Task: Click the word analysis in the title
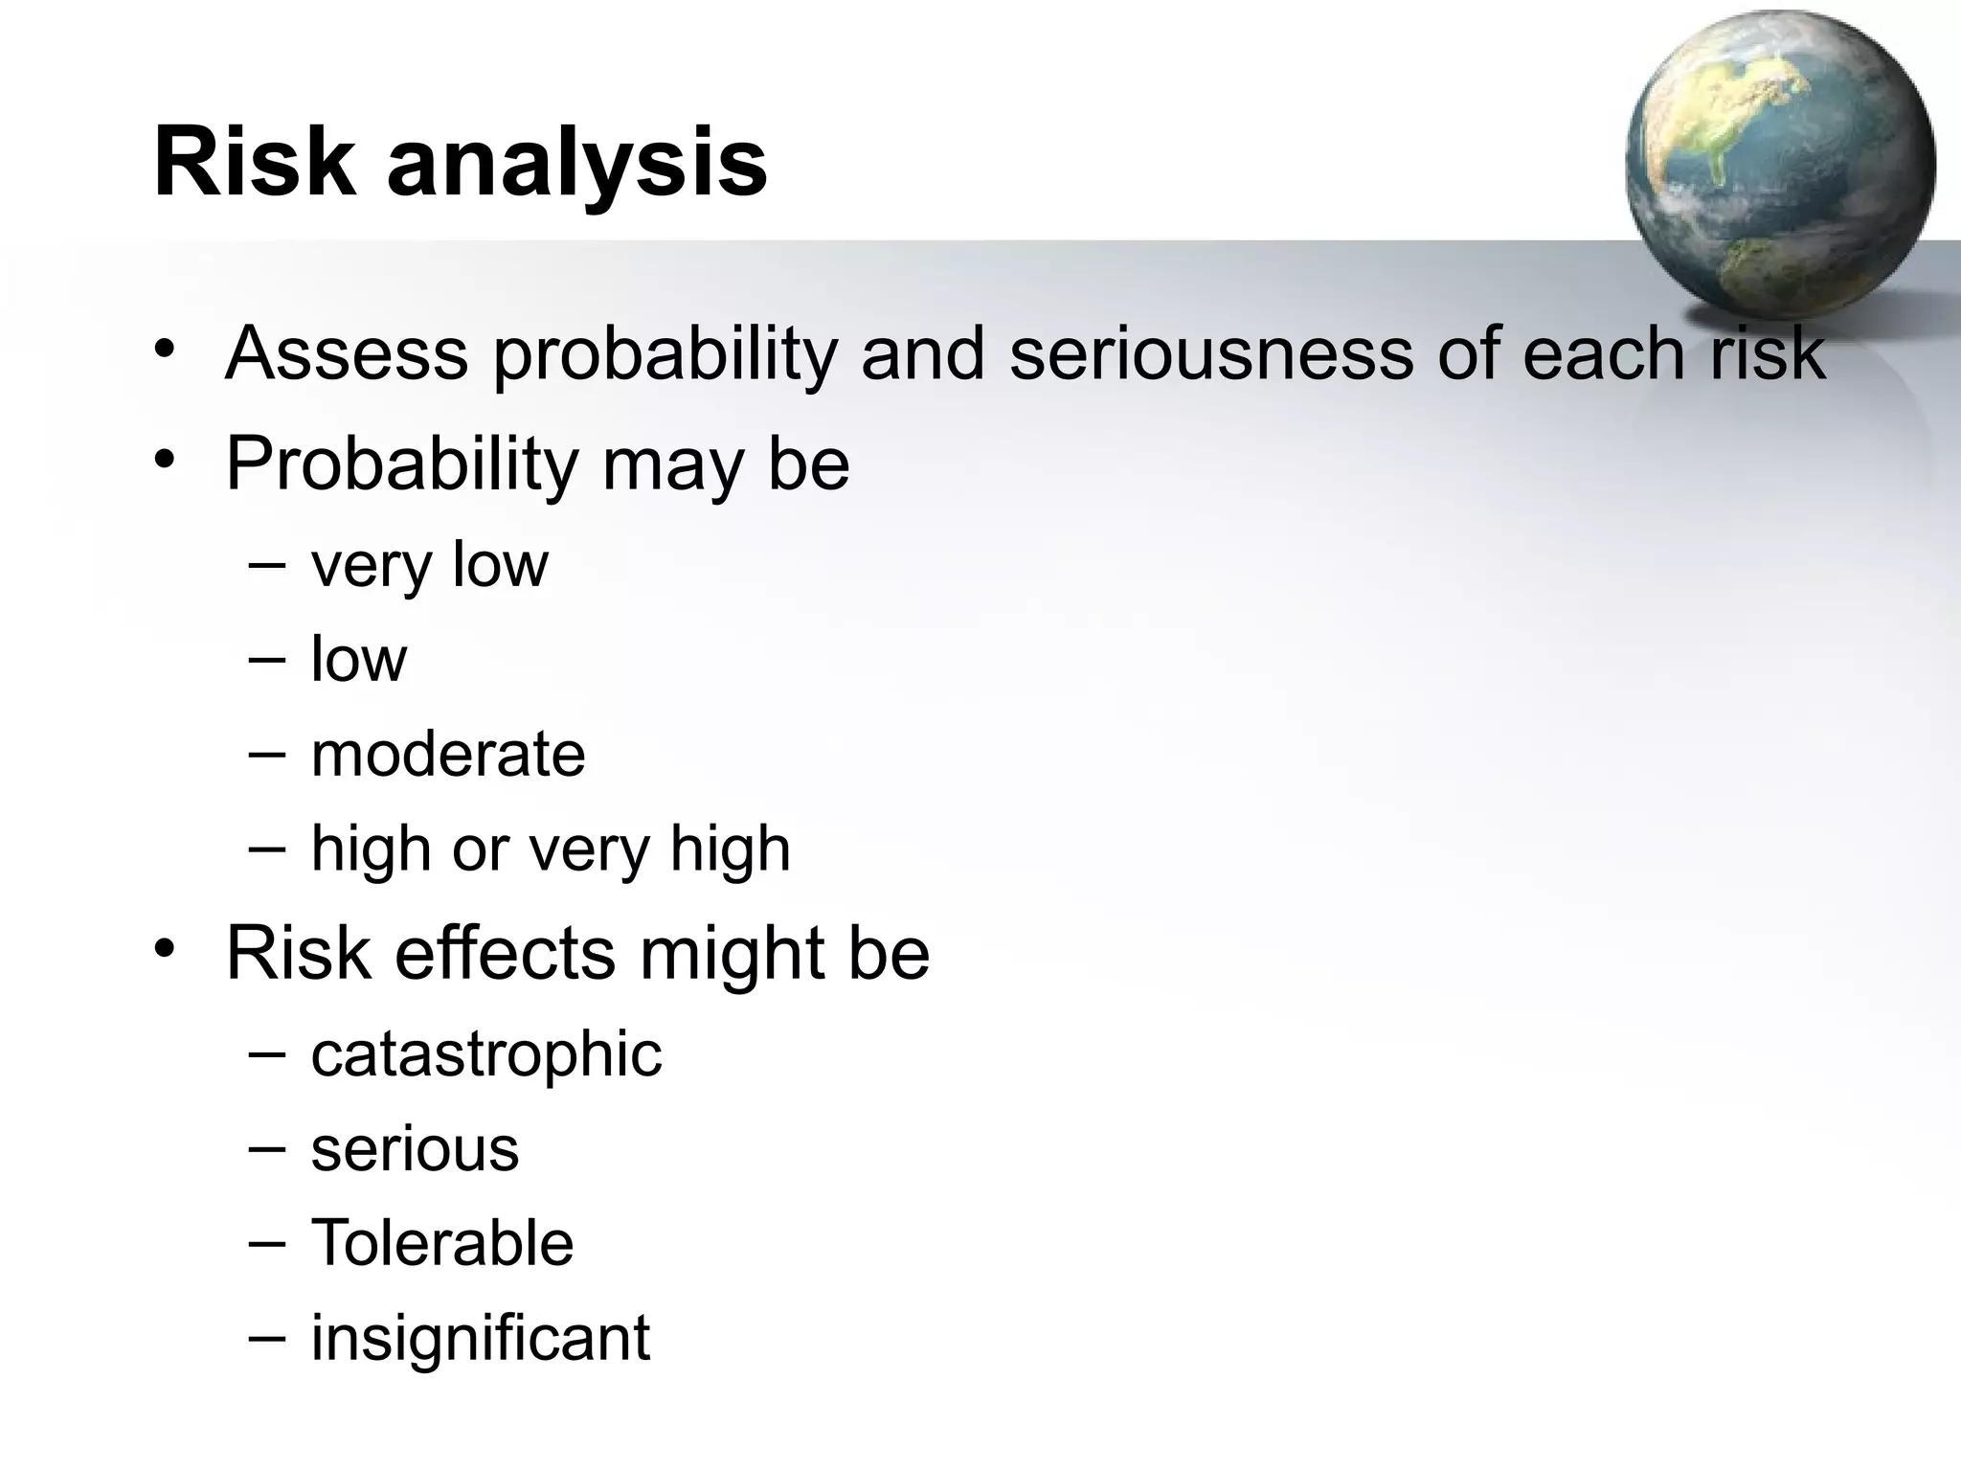(x=576, y=165)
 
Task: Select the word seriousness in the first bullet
(x=1210, y=354)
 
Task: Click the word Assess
(x=347, y=354)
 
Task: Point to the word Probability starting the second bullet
(x=402, y=465)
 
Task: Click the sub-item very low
(x=429, y=565)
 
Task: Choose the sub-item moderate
(x=447, y=755)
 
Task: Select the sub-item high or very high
(x=551, y=849)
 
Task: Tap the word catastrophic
(x=485, y=1054)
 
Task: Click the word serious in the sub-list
(x=415, y=1149)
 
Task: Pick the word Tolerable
(x=441, y=1243)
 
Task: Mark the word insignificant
(x=480, y=1338)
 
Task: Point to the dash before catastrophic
(x=266, y=1053)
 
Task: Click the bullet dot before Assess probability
(x=166, y=349)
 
